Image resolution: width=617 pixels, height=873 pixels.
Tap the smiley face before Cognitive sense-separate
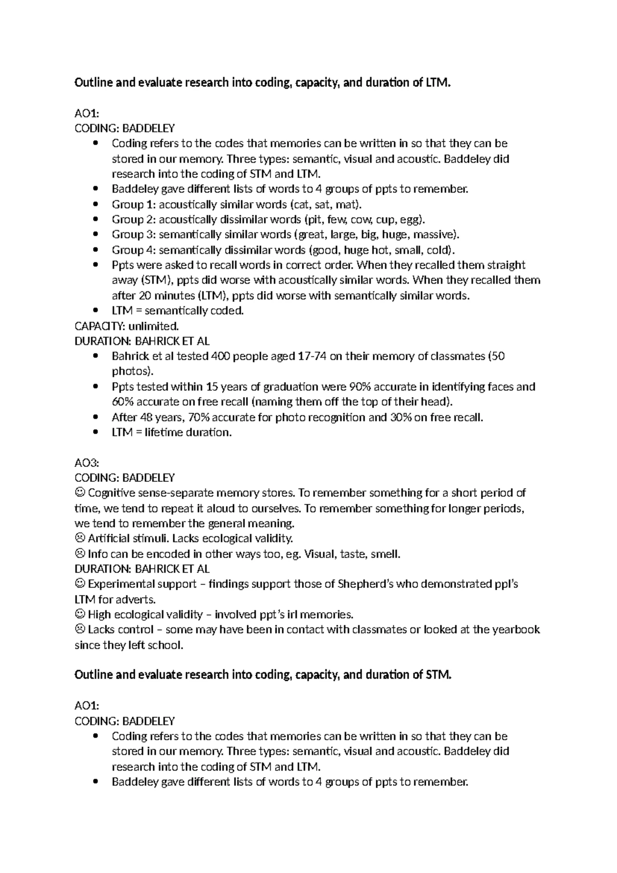80,493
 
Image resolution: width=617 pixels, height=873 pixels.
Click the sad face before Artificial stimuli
80,539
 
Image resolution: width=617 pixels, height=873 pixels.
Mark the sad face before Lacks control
80,630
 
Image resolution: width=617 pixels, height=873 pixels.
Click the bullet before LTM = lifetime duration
96,433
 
